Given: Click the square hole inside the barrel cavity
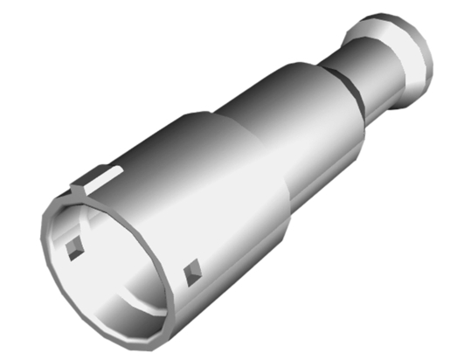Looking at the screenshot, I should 73,249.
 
